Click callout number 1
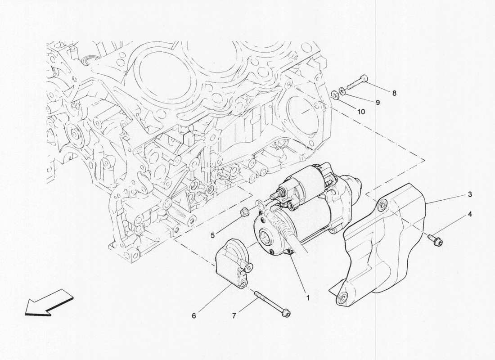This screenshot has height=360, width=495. coord(308,297)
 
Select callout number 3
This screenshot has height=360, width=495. coord(469,194)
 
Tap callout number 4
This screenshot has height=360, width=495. coord(469,215)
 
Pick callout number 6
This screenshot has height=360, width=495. coord(194,316)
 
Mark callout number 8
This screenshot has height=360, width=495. coord(394,94)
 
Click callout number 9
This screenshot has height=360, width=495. coord(378,103)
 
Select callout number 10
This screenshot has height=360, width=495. coord(361,112)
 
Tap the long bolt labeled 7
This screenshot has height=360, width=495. coord(272,304)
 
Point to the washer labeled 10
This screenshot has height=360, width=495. coord(335,96)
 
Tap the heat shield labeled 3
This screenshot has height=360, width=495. coord(387,252)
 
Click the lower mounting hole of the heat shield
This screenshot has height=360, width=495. coord(343,297)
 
